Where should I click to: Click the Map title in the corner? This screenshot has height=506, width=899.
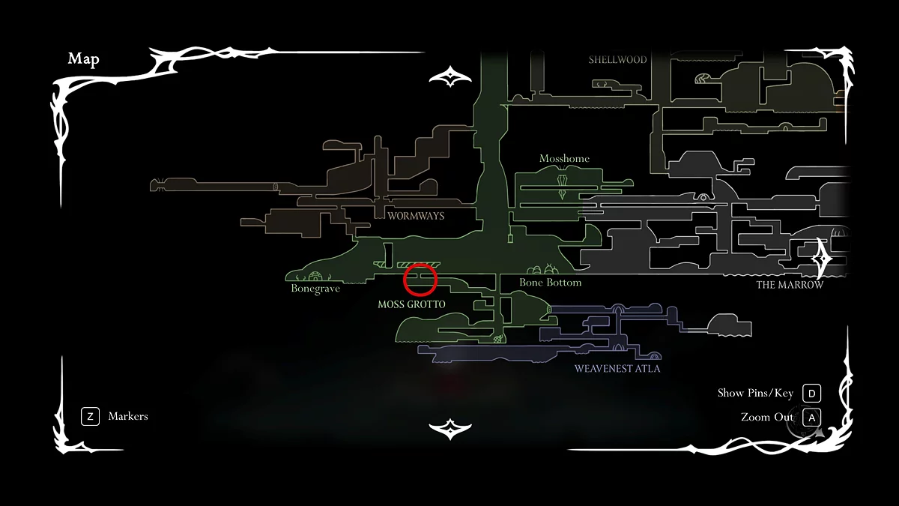83,59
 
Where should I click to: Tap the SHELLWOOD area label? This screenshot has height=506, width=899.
617,60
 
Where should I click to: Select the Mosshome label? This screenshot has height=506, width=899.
564,159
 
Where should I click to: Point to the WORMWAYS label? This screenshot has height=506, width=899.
416,216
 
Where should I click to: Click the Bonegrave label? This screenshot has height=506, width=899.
315,289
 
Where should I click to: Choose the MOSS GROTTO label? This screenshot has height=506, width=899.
412,304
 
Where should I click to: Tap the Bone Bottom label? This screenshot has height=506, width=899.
551,283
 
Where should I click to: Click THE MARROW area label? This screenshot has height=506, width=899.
790,285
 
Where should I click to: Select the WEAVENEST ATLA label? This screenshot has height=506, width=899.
617,369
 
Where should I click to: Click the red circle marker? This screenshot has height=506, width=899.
420,280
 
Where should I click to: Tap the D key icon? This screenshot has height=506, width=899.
811,394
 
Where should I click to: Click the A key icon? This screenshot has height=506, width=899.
811,418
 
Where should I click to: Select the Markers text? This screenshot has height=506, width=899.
128,417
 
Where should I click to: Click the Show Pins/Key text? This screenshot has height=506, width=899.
755,394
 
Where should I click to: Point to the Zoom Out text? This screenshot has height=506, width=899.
766,418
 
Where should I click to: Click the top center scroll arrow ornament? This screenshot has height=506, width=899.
449,76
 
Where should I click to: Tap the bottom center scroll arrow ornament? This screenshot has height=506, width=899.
449,429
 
